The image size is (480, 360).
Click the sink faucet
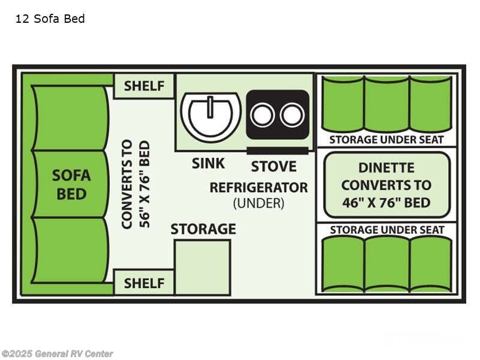(210, 107)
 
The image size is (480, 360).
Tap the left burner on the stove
(262, 115)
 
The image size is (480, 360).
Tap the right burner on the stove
(292, 115)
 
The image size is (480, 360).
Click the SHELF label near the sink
(144, 86)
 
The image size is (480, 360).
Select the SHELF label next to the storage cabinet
(144, 283)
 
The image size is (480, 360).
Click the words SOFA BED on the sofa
(71, 185)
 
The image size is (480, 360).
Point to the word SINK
(208, 163)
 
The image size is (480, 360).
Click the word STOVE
(274, 167)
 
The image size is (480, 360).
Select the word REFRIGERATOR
(259, 187)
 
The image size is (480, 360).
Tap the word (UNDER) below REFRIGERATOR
(259, 203)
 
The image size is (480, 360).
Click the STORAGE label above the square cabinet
(203, 229)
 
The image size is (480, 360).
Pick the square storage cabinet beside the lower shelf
(202, 268)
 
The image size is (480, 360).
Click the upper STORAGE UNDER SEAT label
(386, 140)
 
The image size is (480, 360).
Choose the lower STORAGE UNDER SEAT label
(387, 230)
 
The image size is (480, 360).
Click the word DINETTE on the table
(386, 168)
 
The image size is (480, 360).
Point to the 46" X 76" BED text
(386, 203)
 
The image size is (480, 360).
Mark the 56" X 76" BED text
(145, 184)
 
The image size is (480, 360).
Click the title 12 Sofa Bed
(50, 19)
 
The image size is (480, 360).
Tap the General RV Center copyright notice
(57, 353)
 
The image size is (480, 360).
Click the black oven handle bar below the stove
(277, 151)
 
